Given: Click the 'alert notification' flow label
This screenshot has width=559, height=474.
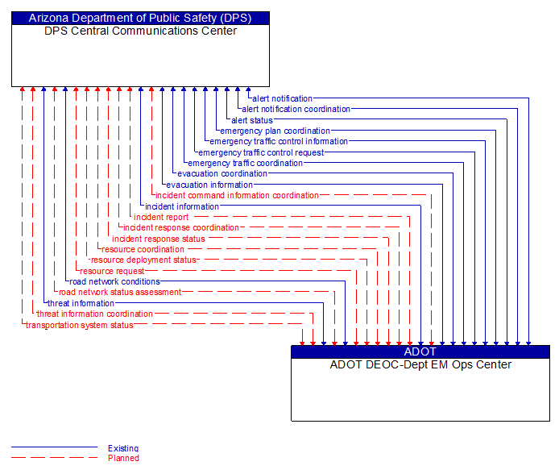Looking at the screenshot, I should pos(282,98).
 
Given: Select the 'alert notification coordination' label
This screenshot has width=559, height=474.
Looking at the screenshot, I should pos(296,109).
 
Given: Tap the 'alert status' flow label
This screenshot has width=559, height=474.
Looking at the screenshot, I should pos(252,120).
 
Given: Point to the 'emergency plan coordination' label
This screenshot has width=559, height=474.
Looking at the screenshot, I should pos(275,131).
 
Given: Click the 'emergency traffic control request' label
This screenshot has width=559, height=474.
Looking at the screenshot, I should pos(261,152).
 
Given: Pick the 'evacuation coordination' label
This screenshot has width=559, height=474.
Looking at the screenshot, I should pos(222,173).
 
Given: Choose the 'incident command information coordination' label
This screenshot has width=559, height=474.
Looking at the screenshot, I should pos(237,195).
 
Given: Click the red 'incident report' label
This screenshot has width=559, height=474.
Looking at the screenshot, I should pos(161,217).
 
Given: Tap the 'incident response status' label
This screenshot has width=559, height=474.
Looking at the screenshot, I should pos(159,239).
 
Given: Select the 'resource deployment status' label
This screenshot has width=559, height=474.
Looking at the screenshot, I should pos(143,260).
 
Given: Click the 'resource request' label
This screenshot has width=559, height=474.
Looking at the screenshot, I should pos(112,271).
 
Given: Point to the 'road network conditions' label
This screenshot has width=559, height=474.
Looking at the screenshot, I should pos(114,281).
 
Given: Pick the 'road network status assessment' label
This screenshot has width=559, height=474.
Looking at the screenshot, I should pos(120,292).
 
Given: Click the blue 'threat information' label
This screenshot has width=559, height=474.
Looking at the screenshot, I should pos(81,303).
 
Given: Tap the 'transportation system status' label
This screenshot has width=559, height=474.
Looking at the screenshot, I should pos(79,325).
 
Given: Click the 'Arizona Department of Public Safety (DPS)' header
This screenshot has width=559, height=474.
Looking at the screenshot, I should pos(140,18).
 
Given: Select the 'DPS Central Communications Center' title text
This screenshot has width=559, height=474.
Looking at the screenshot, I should pos(140,31).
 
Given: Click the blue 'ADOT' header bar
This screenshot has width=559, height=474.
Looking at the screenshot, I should pos(420,351).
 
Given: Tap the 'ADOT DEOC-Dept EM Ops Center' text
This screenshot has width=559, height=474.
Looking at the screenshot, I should pos(420,364).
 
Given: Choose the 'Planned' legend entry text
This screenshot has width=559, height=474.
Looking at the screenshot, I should pos(123,458).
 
